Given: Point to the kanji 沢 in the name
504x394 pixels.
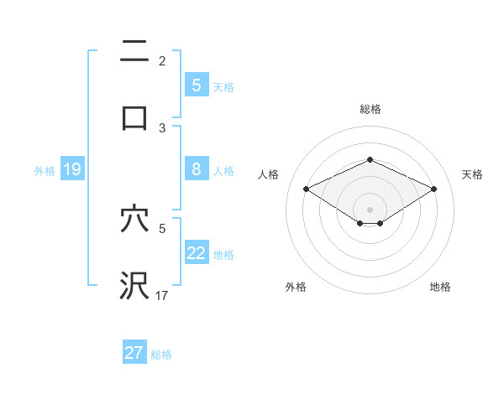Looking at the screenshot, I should pos(134,285).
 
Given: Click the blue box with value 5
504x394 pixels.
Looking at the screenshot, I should pos(196,85).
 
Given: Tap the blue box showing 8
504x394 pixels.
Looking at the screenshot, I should pos(196,169).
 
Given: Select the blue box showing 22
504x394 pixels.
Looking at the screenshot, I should pos(196,253).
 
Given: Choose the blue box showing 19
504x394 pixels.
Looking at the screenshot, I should pos(71,170).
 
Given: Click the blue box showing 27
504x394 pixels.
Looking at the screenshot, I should pos(134,352).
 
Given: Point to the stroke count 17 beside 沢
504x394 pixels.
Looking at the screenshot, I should pos(162,295).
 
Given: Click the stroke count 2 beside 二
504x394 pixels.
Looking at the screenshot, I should pos(162,61).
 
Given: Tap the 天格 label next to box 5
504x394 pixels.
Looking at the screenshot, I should pos(223,86).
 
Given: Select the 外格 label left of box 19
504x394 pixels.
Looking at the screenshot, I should pos(45,171).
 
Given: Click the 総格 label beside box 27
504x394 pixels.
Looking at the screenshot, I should pos(161,354).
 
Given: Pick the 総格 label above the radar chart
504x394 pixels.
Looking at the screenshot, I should pos(370,109).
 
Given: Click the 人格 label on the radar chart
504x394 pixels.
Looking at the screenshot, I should pos(269,174).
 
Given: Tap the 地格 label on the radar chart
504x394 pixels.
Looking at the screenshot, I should pos(440,287).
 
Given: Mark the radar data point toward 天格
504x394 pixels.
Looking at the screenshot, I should pos(434,189).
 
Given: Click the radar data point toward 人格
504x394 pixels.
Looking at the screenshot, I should pos(306,189).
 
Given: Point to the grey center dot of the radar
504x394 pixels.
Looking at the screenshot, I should pos(370,209).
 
